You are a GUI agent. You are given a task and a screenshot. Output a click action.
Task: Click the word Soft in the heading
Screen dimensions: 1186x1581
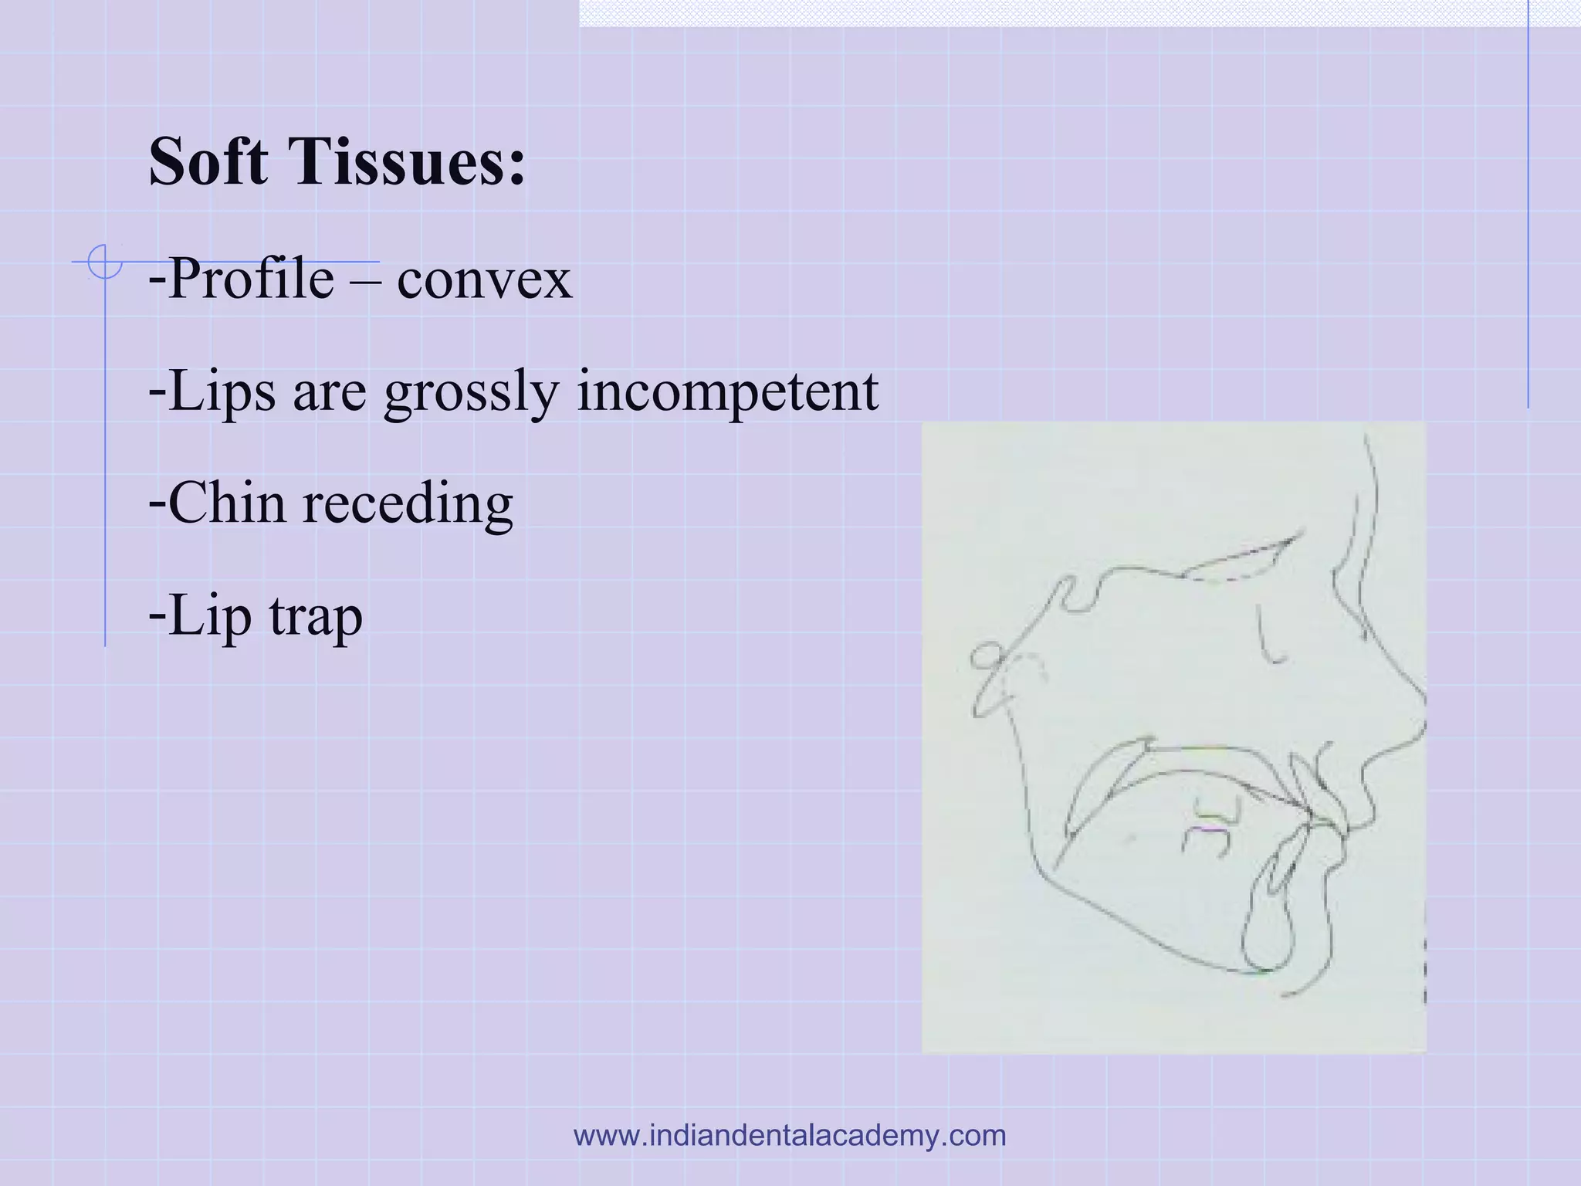pyautogui.click(x=208, y=162)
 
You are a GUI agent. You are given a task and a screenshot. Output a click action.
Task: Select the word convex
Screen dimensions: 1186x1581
pyautogui.click(x=484, y=280)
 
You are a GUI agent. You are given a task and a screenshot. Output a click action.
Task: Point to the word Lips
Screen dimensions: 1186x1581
pyautogui.click(x=221, y=392)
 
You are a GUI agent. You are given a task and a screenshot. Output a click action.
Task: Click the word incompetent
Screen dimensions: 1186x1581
pyautogui.click(x=727, y=392)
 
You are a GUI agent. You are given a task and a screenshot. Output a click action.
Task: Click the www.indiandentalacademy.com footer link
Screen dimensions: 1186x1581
pyautogui.click(x=790, y=1136)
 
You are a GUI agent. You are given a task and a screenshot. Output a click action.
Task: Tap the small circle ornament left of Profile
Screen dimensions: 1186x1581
pyautogui.click(x=104, y=261)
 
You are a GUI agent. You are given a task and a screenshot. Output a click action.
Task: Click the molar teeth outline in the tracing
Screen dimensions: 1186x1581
pyautogui.click(x=1210, y=826)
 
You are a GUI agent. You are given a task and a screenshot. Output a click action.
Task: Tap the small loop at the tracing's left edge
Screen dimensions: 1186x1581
pyautogui.click(x=985, y=658)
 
